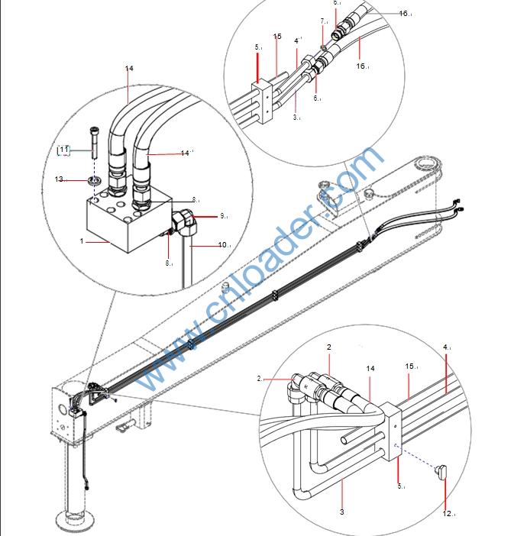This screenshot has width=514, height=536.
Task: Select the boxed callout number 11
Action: tap(65, 150)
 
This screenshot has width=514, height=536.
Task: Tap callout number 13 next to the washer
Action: tap(59, 179)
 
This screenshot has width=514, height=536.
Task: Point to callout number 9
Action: tap(224, 217)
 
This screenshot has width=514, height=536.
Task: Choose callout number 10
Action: tap(224, 245)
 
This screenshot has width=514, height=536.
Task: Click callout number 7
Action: tap(323, 21)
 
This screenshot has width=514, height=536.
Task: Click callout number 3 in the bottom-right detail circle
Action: tap(341, 512)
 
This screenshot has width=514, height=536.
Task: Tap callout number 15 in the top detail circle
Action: tap(277, 37)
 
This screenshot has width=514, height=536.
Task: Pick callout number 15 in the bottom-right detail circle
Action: tap(412, 367)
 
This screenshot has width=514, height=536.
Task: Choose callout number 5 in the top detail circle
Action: tap(258, 47)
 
